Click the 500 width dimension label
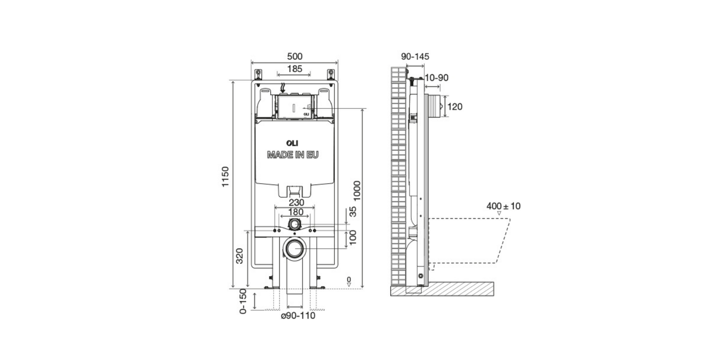click(295, 56)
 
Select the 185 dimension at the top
click(295, 68)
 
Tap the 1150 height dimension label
click(225, 177)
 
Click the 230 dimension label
click(296, 202)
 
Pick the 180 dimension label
click(296, 212)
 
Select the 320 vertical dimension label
click(239, 256)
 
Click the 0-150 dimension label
click(244, 302)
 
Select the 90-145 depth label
click(415, 56)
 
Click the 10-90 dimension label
click(436, 78)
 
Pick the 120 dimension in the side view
click(455, 107)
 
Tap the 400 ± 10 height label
click(503, 206)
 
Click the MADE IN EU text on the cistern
click(293, 155)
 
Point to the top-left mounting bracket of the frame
click(258, 74)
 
